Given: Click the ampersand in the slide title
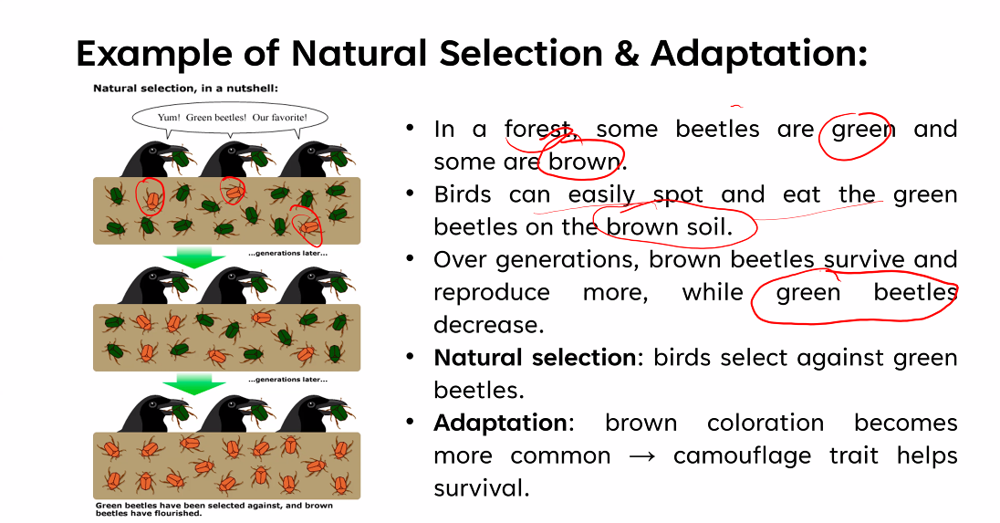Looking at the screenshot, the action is [627, 53].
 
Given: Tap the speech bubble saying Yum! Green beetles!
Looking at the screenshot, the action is [230, 118].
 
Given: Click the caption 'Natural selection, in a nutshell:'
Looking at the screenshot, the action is [185, 88].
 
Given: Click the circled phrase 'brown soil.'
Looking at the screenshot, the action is [669, 227].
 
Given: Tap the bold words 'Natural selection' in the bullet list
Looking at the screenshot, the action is [535, 358].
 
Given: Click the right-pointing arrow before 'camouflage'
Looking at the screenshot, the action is [641, 456].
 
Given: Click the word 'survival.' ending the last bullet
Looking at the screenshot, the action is [482, 488].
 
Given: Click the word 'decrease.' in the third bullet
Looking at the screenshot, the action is [488, 325].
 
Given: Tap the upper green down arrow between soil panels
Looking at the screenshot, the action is [193, 259].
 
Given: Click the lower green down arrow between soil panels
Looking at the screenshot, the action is [193, 386].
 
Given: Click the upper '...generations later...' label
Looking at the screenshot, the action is [288, 253].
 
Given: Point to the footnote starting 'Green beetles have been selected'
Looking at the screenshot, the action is [214, 509].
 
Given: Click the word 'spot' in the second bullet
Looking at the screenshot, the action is [678, 195].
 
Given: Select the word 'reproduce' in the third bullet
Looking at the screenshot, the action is [492, 293].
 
